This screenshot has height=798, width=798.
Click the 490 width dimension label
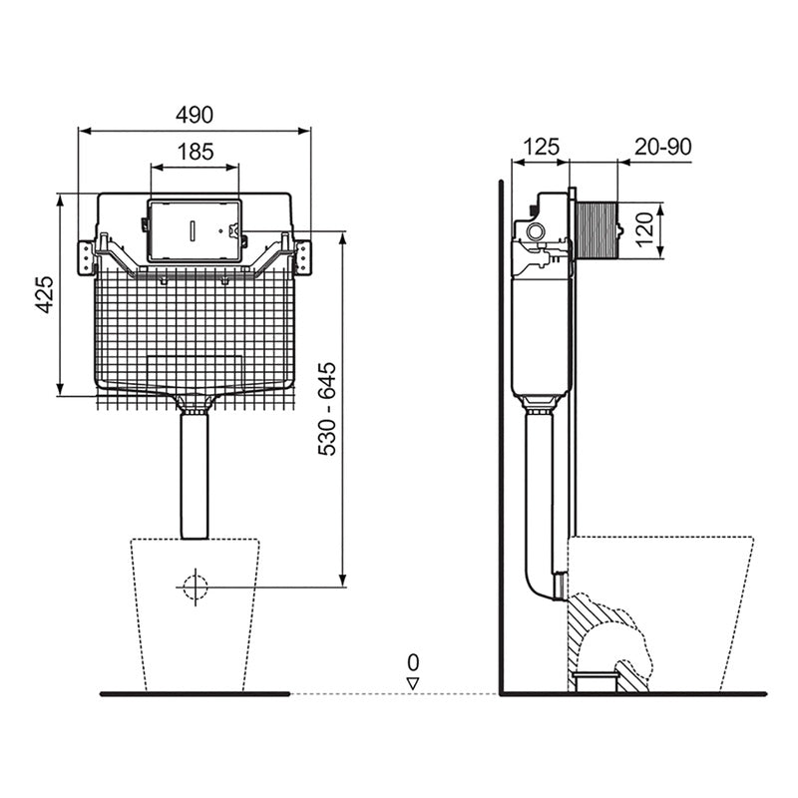click(195, 115)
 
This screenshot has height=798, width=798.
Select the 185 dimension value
click(195, 152)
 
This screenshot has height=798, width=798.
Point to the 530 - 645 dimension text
click(328, 409)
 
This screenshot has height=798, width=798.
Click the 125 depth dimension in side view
click(540, 147)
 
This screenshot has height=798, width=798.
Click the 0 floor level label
click(412, 661)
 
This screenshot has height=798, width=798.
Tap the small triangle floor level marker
click(412, 682)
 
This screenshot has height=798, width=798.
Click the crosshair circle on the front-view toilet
click(196, 587)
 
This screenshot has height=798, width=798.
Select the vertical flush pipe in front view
click(196, 474)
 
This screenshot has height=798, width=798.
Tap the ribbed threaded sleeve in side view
click(596, 229)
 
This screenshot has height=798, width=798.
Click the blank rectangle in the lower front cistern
click(196, 366)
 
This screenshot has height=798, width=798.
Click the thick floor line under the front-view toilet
click(195, 693)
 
